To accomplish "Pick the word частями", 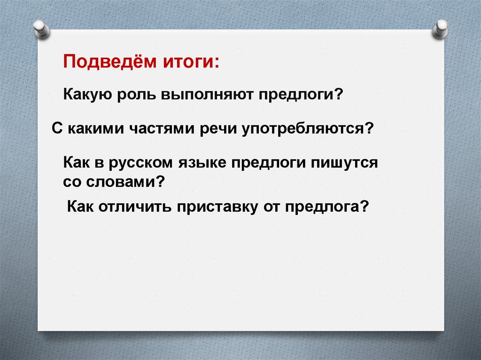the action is coord(162,128).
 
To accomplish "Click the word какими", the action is coord(96,128).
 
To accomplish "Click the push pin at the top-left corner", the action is coord(41,30).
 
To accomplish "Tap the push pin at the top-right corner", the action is coord(441,29).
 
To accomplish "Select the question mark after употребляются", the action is coord(369,128).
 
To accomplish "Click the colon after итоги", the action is coord(217,63).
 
